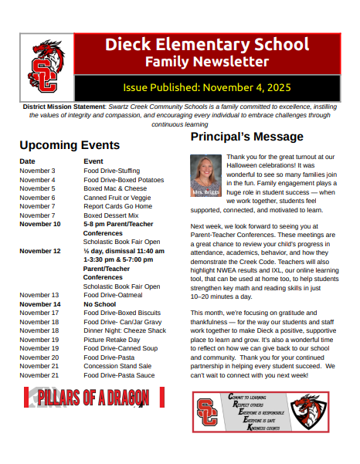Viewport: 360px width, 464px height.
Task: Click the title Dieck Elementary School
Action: click(206, 44)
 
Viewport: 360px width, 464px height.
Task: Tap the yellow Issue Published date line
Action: click(206, 87)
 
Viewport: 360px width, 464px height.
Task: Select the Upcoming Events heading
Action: click(70, 145)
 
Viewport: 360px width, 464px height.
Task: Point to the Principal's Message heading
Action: click(247, 137)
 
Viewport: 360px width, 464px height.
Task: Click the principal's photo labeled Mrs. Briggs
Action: click(205, 174)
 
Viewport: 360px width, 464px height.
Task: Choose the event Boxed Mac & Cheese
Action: click(115, 188)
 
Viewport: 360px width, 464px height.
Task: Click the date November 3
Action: click(37, 171)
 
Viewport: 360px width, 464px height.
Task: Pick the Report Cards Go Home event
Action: click(118, 206)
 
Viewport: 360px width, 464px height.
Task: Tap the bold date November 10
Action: click(39, 224)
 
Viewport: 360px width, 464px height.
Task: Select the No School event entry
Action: click(100, 304)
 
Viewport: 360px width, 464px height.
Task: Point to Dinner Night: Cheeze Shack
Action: click(124, 330)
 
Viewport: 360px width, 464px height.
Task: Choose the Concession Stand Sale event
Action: click(117, 366)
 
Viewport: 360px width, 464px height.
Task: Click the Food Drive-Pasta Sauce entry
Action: click(119, 374)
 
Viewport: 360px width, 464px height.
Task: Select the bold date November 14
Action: click(39, 304)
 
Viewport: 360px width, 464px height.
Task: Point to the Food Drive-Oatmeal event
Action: click(114, 295)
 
